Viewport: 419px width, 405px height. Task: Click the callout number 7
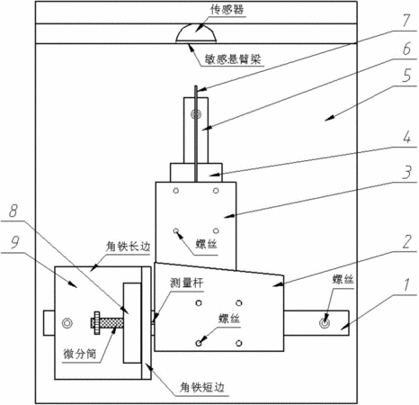click(x=406, y=21)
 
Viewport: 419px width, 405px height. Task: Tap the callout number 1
click(x=406, y=285)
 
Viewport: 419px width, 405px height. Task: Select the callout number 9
click(x=15, y=242)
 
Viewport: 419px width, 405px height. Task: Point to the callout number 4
click(x=406, y=137)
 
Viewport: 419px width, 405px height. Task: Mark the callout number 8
click(x=13, y=211)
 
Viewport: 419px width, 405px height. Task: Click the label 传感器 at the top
click(x=227, y=10)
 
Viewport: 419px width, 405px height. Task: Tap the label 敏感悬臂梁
click(x=233, y=58)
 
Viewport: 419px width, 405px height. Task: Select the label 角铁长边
click(x=128, y=247)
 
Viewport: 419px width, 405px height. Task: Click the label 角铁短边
click(x=202, y=388)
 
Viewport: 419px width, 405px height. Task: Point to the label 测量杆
click(x=187, y=283)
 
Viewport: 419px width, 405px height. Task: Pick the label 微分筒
click(x=80, y=355)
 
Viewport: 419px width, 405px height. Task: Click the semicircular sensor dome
click(x=196, y=34)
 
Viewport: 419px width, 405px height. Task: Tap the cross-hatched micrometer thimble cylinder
click(x=111, y=323)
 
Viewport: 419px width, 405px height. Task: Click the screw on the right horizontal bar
click(x=325, y=323)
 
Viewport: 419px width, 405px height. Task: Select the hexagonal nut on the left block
click(x=67, y=323)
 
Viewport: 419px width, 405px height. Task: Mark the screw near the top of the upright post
click(x=197, y=113)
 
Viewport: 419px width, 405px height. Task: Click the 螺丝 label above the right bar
click(x=343, y=279)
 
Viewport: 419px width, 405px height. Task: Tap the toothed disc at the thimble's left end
click(x=97, y=323)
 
